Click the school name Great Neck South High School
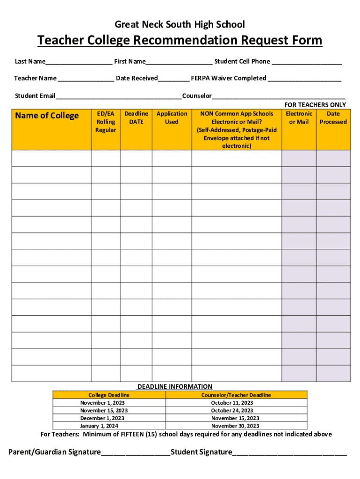pos(180,24)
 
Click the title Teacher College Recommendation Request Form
pos(180,41)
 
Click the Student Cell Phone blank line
pos(307,62)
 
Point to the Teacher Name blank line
pos(86,79)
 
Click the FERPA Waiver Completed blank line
pos(304,79)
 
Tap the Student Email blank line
pos(119,97)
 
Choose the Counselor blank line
pos(279,97)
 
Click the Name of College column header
pos(47,116)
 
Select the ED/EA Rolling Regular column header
pos(106,122)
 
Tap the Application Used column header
pos(172,117)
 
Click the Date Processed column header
pos(333,117)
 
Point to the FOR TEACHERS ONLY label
pos(315,105)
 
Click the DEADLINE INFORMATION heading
pos(174,387)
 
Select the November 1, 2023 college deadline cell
pos(102,403)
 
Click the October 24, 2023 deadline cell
pos(232,411)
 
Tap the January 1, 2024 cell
pos(99,426)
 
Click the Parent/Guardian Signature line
pos(136,453)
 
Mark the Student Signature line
pos(289,453)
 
